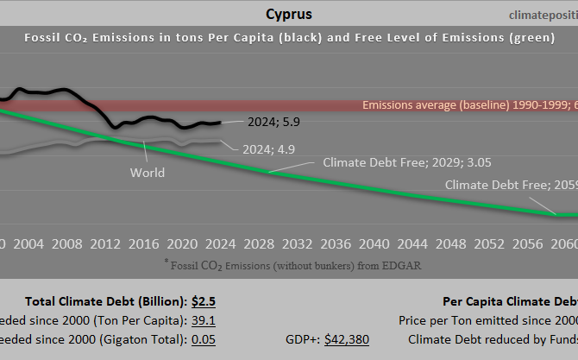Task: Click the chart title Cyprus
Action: point(289,14)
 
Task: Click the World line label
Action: point(148,173)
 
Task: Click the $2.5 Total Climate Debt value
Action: point(204,301)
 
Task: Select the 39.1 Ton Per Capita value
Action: point(204,320)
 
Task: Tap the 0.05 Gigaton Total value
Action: point(204,339)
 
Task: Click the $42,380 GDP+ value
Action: point(347,339)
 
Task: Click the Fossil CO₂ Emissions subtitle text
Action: point(289,38)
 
